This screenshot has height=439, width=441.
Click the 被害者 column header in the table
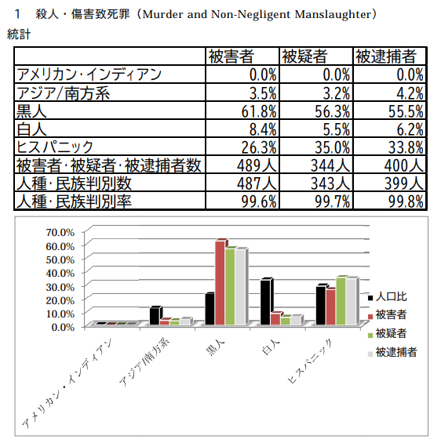[x=231, y=56]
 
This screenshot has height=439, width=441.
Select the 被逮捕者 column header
[x=386, y=56]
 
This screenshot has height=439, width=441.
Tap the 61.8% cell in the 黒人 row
[x=259, y=111]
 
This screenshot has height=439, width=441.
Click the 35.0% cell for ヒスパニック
[x=333, y=147]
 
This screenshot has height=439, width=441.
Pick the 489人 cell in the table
[x=257, y=165]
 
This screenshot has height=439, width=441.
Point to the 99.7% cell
[x=333, y=201]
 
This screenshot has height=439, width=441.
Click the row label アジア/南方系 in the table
[x=64, y=93]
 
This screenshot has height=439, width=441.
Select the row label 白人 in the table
[x=31, y=129]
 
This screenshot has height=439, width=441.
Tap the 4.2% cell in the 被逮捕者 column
[x=410, y=93]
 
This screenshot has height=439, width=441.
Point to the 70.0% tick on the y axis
[x=60, y=233]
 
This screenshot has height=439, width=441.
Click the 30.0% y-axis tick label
[x=60, y=287]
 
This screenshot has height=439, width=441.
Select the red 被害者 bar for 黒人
[x=220, y=282]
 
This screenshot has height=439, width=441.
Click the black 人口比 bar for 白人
[x=265, y=302]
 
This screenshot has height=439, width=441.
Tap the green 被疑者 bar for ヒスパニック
[x=341, y=300]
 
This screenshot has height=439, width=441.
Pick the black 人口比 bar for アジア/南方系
[x=155, y=316]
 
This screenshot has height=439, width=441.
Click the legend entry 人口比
[x=387, y=297]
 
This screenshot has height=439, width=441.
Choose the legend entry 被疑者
[x=387, y=334]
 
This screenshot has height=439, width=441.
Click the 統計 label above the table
[x=19, y=34]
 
